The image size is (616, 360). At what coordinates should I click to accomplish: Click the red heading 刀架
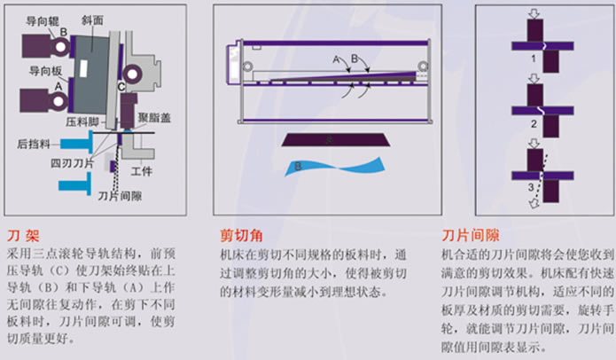click(23, 236)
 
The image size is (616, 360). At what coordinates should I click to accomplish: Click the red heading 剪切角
click(241, 235)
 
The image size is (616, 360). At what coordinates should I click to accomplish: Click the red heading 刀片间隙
click(471, 235)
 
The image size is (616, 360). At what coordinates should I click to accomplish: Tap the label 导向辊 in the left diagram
click(42, 20)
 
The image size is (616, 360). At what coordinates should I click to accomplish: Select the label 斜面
click(92, 20)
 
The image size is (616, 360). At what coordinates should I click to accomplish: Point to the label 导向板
click(45, 71)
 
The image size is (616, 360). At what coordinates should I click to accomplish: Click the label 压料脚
click(82, 121)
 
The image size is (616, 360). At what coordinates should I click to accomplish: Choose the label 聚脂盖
click(154, 118)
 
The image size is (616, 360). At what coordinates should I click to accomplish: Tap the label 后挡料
click(34, 145)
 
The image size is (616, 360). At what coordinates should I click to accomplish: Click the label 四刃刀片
click(72, 162)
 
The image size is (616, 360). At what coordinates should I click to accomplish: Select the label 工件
click(142, 171)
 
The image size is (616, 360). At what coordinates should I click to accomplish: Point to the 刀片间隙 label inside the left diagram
click(120, 196)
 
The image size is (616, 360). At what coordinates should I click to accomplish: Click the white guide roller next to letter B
click(60, 47)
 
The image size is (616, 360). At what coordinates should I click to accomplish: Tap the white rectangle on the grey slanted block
click(83, 68)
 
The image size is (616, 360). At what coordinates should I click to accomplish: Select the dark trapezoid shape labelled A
click(336, 139)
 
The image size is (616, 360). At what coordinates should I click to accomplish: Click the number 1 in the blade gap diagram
click(533, 59)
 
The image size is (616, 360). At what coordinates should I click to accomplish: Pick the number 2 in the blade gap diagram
click(534, 124)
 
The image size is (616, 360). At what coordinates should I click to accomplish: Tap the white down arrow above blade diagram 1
click(534, 14)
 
